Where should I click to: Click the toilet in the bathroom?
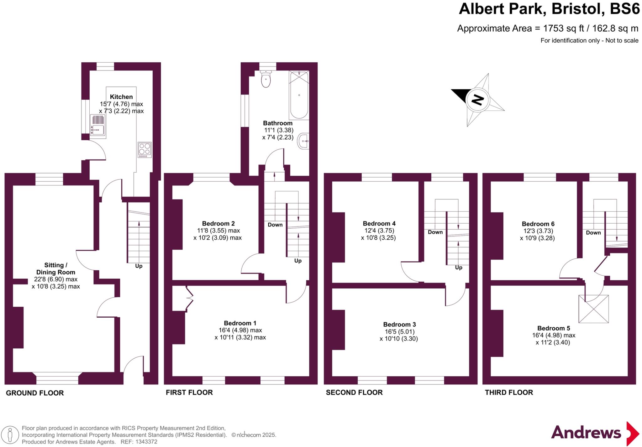[266, 79]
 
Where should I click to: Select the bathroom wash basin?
[304, 141]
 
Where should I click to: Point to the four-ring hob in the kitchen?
[145, 150]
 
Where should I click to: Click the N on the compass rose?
[477, 100]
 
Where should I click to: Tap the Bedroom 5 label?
[553, 328]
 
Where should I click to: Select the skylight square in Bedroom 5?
[593, 309]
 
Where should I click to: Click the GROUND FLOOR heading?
[35, 393]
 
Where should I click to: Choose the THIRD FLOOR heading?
[509, 392]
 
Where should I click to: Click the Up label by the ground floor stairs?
[139, 266]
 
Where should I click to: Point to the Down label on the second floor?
[435, 232]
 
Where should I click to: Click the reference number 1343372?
[146, 442]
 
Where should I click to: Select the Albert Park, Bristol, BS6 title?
[549, 9]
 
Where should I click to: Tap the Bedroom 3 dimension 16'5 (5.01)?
[399, 331]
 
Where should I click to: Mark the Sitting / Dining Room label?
[55, 269]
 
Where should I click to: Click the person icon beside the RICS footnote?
[10, 435]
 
